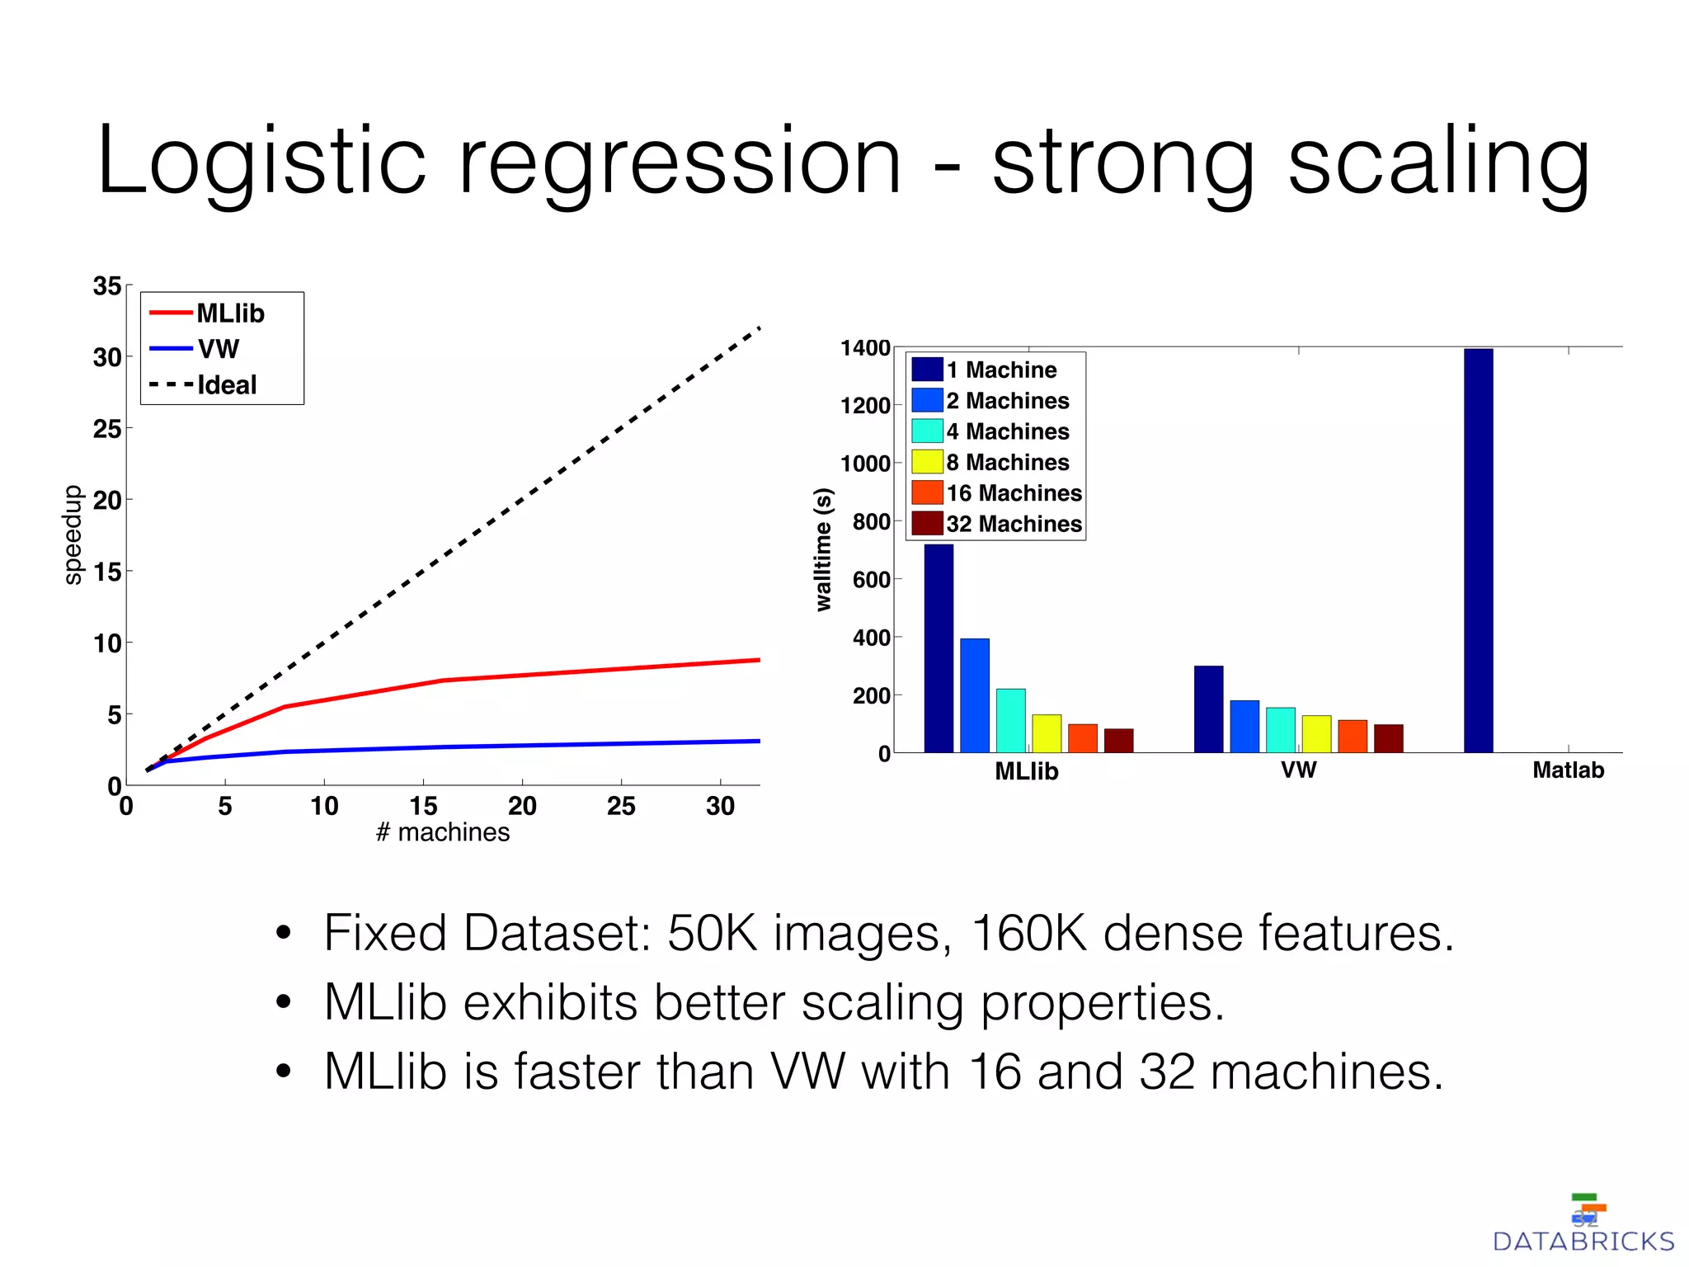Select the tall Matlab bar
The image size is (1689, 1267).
[x=1478, y=550]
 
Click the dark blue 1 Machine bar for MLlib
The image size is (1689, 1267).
[x=939, y=648]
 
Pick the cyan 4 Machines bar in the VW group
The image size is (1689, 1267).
[x=1280, y=729]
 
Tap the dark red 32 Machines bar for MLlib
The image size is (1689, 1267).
[x=1118, y=740]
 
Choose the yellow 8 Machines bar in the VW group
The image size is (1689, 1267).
[x=1316, y=733]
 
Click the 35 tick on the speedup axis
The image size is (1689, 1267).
[x=107, y=286]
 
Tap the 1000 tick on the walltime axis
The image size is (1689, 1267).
[x=865, y=463]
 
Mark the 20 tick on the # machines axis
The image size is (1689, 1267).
[x=522, y=806]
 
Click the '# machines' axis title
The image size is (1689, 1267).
[x=443, y=832]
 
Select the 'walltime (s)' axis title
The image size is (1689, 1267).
[x=823, y=549]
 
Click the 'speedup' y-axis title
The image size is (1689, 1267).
[x=73, y=535]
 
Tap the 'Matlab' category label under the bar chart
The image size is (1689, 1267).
[x=1568, y=770]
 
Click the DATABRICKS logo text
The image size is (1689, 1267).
[x=1583, y=1241]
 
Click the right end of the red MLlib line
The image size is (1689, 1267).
[x=757, y=660]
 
